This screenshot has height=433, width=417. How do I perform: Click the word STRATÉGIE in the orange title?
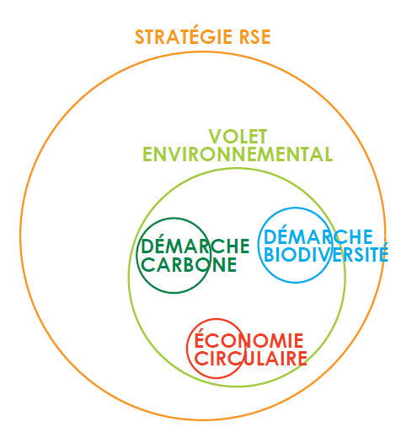pyautogui.click(x=184, y=35)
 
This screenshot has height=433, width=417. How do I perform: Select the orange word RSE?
pyautogui.click(x=255, y=37)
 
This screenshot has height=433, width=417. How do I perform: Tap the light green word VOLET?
pyautogui.click(x=238, y=137)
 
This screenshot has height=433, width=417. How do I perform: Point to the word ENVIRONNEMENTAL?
pyautogui.click(x=238, y=154)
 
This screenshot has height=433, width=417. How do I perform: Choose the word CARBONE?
pyautogui.click(x=189, y=264)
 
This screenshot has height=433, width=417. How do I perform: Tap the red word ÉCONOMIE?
pyautogui.click(x=249, y=338)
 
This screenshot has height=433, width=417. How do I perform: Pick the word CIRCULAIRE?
pyautogui.click(x=251, y=358)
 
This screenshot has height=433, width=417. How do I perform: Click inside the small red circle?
pyautogui.click(x=217, y=371)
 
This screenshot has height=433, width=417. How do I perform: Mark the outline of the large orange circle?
pyautogui.click(x=20, y=235)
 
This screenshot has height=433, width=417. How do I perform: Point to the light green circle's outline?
pyautogui.click(x=129, y=277)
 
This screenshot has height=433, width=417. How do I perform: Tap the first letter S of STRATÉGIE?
pyautogui.click(x=140, y=37)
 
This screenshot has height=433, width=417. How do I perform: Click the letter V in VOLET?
pyautogui.click(x=215, y=137)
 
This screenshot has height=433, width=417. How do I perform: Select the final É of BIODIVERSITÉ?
pyautogui.click(x=382, y=252)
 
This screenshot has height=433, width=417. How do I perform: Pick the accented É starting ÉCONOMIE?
pyautogui.click(x=200, y=338)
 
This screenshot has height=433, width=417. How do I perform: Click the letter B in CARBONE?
pyautogui.click(x=188, y=264)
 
